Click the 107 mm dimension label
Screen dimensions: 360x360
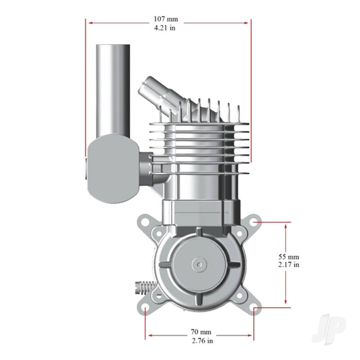pos(166,19)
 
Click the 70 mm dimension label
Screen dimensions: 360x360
pos(201,332)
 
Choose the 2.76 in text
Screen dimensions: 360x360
pos(201,341)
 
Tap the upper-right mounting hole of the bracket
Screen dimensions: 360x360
pos(255,222)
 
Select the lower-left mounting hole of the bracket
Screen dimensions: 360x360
pos(146,309)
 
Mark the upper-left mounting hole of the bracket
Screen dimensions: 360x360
pos(146,222)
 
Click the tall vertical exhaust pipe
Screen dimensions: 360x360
pos(112,90)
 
